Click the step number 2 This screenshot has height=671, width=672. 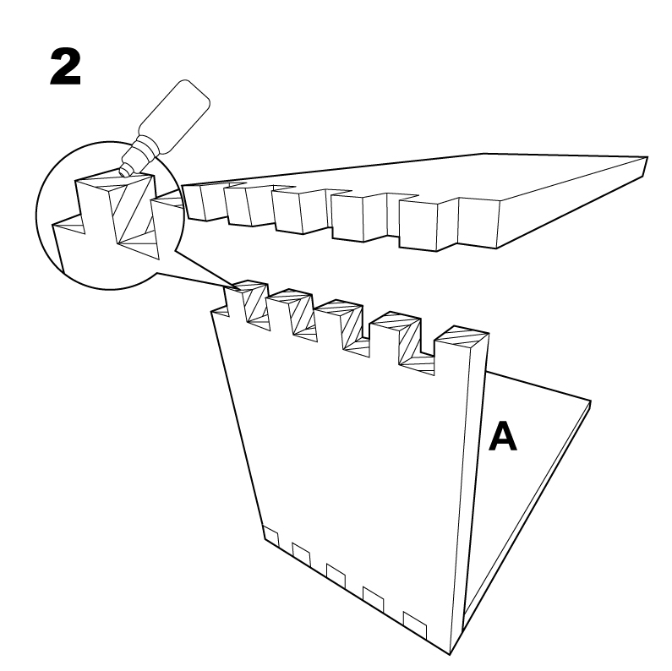(x=66, y=67)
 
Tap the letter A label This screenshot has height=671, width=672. (x=503, y=436)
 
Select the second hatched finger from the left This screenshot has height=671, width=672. (x=292, y=315)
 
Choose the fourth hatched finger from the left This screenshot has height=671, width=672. (x=396, y=339)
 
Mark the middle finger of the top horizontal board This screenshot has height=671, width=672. (x=300, y=210)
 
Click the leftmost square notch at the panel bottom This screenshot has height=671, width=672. (x=270, y=537)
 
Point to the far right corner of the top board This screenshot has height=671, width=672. (x=647, y=157)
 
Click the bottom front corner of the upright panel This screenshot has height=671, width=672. (x=450, y=655)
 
